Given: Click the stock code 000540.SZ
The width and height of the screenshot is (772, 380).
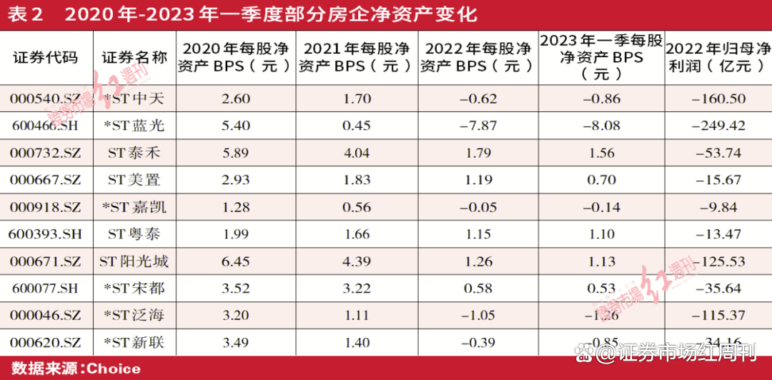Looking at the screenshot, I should pyautogui.click(x=46, y=99).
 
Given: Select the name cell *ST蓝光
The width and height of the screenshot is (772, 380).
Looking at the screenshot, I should pyautogui.click(x=134, y=126).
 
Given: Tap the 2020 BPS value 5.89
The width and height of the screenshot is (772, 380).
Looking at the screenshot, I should pyautogui.click(x=236, y=153).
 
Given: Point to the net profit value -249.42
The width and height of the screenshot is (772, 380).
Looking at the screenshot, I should pyautogui.click(x=718, y=126).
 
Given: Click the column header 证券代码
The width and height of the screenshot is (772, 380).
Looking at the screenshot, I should pyautogui.click(x=46, y=58).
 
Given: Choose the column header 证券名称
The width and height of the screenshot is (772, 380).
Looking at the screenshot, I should pyautogui.click(x=134, y=58).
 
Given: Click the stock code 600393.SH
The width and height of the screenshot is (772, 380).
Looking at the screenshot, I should pyautogui.click(x=46, y=234).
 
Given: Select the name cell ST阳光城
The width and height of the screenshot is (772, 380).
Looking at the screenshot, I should pyautogui.click(x=134, y=261).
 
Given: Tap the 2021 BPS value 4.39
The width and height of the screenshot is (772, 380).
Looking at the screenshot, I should pyautogui.click(x=357, y=261).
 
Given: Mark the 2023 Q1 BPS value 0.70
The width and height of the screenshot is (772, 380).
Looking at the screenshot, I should pyautogui.click(x=601, y=180).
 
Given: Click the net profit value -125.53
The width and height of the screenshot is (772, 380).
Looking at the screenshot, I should pyautogui.click(x=718, y=261).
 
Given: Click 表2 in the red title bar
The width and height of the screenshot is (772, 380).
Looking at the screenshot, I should pyautogui.click(x=27, y=15).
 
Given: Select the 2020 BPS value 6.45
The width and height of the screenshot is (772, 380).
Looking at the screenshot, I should pyautogui.click(x=236, y=261).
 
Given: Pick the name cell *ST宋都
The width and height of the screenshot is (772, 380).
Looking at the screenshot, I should pyautogui.click(x=134, y=289).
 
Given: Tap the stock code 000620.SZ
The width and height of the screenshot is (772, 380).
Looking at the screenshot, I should pyautogui.click(x=46, y=343).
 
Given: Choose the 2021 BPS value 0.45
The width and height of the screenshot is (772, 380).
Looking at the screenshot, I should pyautogui.click(x=357, y=126).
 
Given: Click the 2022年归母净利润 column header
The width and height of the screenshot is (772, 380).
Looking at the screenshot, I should pyautogui.click(x=718, y=58).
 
